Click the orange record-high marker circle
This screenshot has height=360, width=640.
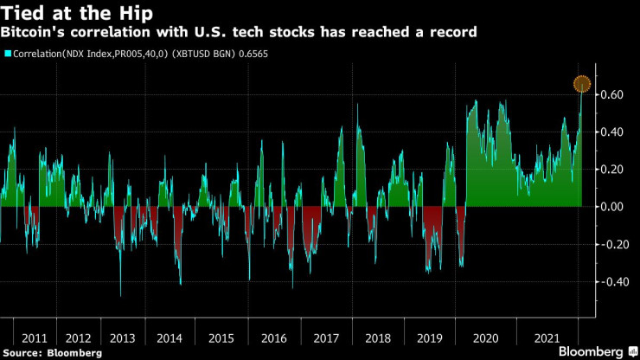[582, 85]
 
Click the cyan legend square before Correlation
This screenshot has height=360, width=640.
[8, 54]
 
